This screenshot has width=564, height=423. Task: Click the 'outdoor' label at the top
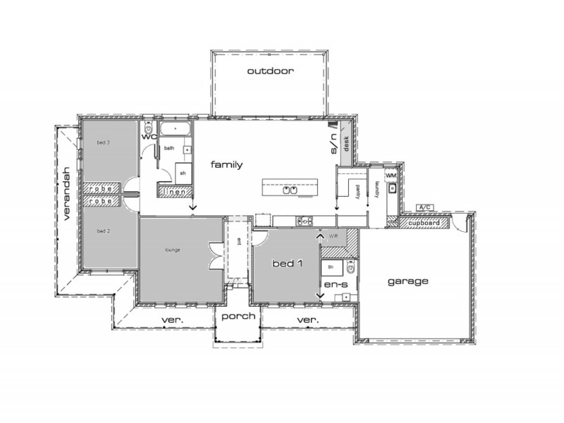tap(270, 71)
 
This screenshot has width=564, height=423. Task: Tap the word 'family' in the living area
tap(226, 165)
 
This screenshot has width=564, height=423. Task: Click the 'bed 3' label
tap(104, 142)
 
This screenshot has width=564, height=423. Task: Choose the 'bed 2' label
tap(104, 231)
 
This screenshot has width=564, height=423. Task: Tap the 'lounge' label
tap(173, 250)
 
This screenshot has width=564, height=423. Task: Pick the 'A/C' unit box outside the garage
tap(424, 207)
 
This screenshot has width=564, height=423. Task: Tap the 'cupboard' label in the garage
tap(426, 223)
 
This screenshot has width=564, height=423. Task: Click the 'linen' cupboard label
tap(174, 191)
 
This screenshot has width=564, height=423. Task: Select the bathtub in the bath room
tap(173, 129)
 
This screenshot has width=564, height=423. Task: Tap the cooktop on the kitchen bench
tap(305, 221)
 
